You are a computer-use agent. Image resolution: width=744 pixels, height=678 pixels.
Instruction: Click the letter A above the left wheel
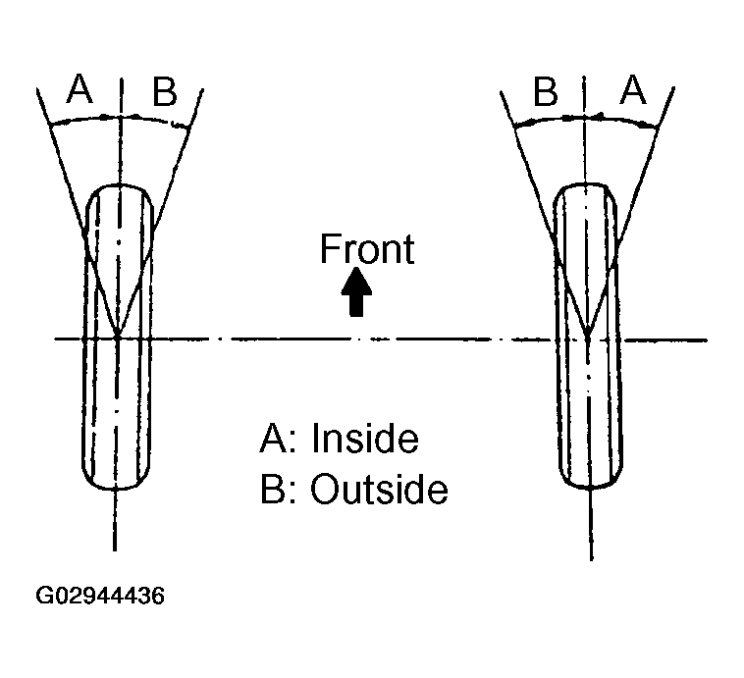[80, 92]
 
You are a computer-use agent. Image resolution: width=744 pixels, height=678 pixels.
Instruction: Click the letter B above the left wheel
[164, 93]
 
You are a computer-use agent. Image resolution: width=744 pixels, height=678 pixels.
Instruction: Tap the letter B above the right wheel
[546, 93]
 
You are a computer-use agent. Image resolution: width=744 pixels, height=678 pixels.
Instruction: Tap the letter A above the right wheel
[634, 92]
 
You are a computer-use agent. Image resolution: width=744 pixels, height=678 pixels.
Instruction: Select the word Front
[367, 249]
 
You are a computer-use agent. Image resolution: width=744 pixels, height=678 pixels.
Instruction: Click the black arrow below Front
[357, 292]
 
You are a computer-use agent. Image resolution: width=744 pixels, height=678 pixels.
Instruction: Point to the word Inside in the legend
[364, 439]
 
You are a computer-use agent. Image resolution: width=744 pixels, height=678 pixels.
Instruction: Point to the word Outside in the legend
[379, 489]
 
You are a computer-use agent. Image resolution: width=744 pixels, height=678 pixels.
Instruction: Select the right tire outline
[557, 412]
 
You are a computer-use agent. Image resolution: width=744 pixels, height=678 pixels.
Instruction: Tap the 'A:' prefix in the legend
[278, 439]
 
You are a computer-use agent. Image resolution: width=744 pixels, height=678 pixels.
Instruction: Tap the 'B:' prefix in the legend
[278, 489]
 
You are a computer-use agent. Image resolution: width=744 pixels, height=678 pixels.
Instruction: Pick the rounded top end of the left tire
[117, 185]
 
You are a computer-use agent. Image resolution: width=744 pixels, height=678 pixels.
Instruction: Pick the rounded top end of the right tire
[587, 185]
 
